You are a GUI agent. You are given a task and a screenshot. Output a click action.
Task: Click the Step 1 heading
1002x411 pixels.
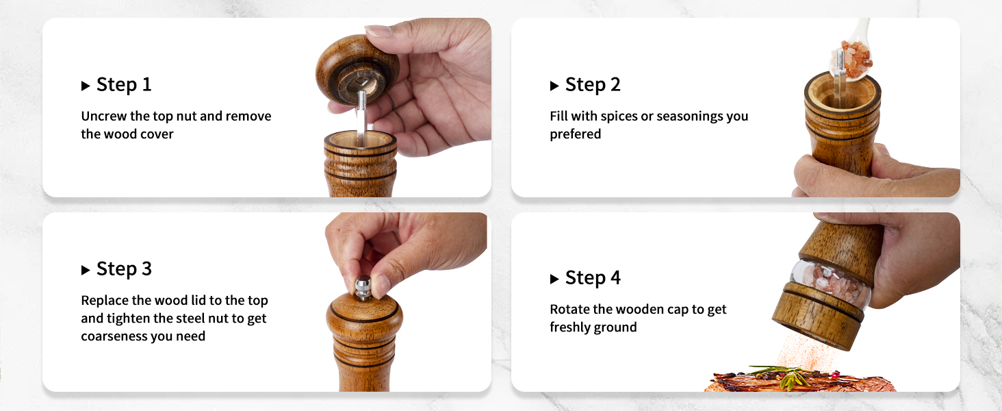[x=123, y=85]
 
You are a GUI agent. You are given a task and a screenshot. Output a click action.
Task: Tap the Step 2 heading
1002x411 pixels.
[x=593, y=85]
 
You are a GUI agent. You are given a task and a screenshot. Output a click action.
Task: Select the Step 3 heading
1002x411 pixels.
[x=123, y=269]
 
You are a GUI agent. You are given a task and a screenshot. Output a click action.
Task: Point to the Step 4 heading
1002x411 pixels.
[x=593, y=278]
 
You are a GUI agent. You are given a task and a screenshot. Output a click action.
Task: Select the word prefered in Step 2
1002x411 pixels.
[x=575, y=134]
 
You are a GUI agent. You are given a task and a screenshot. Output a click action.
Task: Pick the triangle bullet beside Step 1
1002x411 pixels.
[x=86, y=86]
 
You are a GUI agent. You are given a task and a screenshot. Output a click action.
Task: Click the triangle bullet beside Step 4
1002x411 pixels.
[x=554, y=279]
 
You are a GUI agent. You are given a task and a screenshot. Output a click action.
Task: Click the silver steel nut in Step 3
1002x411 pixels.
[x=363, y=287]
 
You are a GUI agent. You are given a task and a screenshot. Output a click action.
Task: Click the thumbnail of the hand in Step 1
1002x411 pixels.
[x=378, y=31]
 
